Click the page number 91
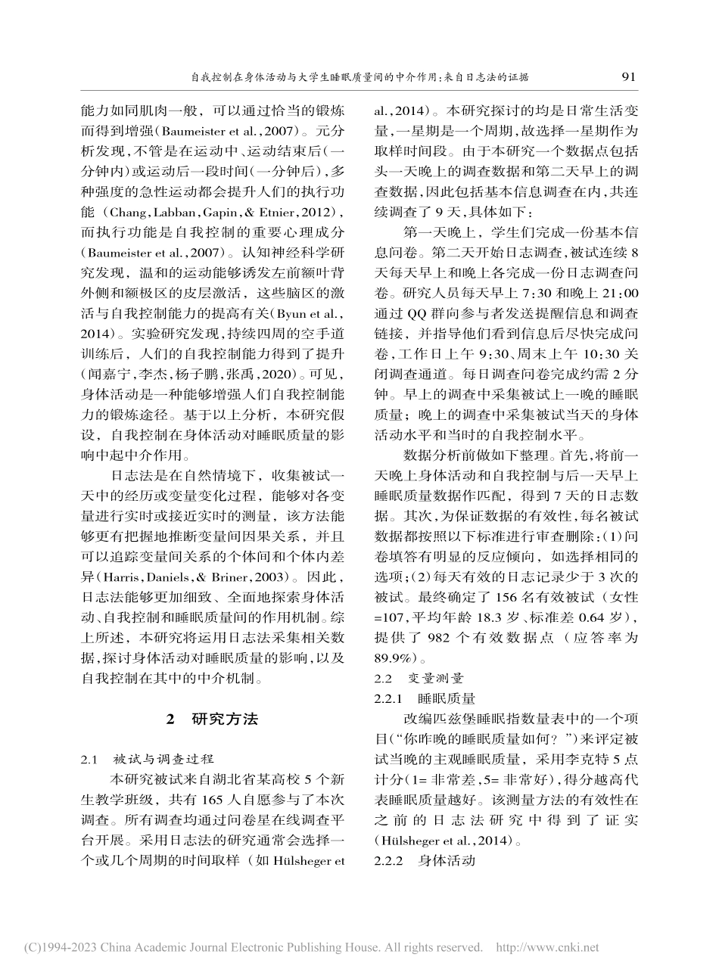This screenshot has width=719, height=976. coord(627,76)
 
